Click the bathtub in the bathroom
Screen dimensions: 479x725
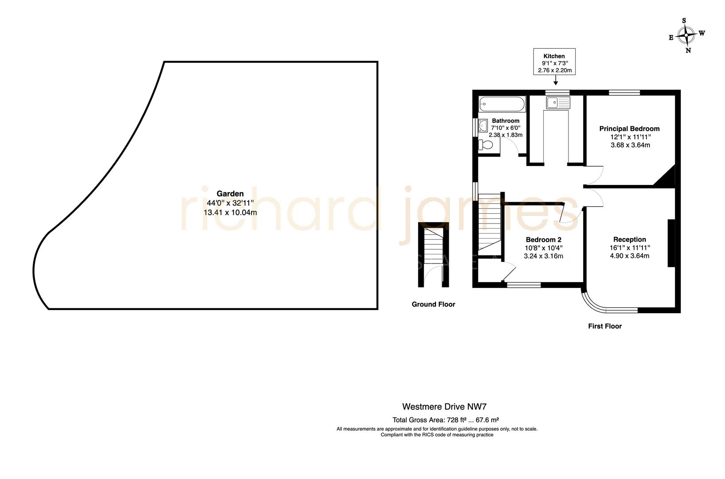tap(502, 105)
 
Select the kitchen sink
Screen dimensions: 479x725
tap(557, 103)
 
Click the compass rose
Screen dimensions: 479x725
tap(686, 35)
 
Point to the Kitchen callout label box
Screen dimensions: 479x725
tap(554, 62)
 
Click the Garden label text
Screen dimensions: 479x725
tap(230, 193)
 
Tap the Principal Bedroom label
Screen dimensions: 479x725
tap(629, 129)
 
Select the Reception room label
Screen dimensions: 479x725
tap(629, 239)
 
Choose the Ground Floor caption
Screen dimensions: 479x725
tap(433, 304)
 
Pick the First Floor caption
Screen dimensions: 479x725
tap(605, 326)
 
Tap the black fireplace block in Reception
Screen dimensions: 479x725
tap(671, 243)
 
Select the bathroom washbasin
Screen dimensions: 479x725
tap(482, 126)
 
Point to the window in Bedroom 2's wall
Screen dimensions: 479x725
tap(524, 285)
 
